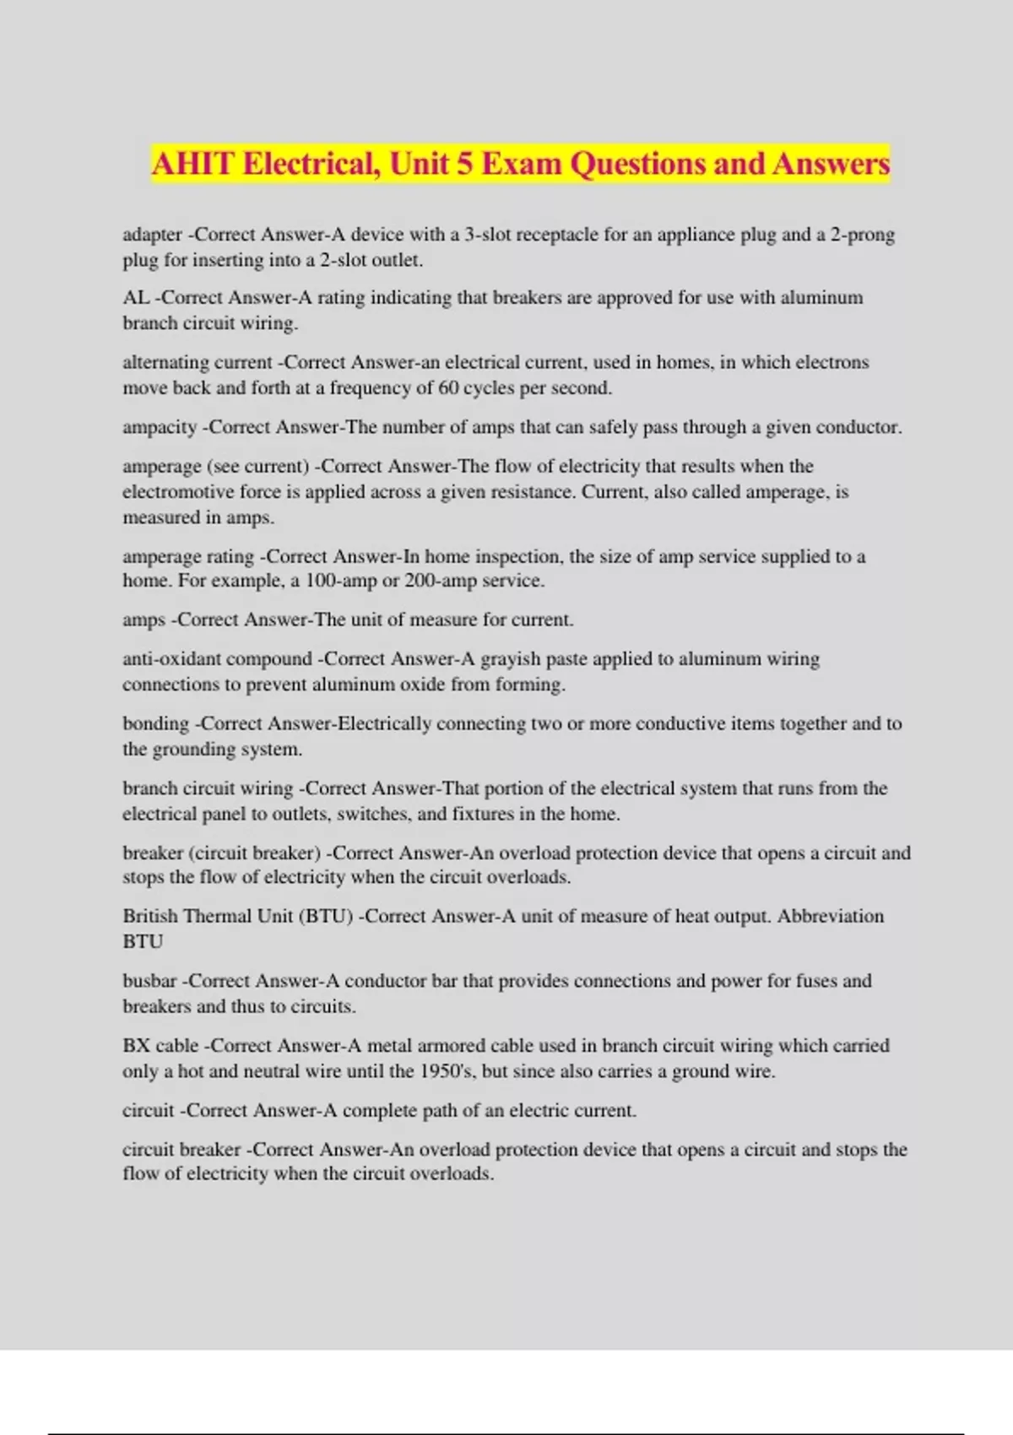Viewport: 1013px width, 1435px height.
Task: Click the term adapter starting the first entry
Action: pos(152,235)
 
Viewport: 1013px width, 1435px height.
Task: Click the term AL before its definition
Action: pos(135,298)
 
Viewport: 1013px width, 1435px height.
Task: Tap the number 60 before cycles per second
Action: pos(448,388)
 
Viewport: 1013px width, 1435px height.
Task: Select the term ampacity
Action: pos(160,427)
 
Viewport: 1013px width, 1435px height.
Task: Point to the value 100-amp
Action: pos(343,581)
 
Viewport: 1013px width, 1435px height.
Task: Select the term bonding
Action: pos(155,723)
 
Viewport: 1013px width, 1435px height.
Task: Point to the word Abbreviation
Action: pos(830,916)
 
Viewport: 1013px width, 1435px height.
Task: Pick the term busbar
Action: pos(149,981)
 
